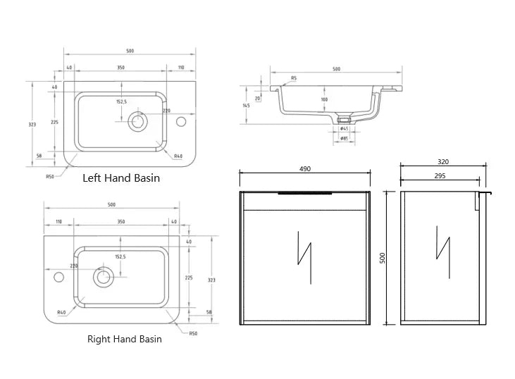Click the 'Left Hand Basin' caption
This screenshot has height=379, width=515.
pos(121,178)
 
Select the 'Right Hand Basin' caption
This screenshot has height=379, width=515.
pos(124,339)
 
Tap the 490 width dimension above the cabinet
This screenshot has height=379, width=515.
pos(305,169)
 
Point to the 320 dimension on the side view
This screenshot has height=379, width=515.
pos(442,162)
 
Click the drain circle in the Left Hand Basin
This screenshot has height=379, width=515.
pos(137,122)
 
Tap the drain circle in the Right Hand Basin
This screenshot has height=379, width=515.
pos(104,277)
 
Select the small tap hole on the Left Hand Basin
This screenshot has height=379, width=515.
pos(181,122)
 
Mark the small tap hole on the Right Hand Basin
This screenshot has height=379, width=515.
pos(57,277)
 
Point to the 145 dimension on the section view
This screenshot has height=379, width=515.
pos(246,106)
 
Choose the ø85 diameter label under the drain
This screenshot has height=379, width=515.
pos(344,139)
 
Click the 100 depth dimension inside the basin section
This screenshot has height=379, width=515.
pos(324,99)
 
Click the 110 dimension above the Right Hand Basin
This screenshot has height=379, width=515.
pos(58,222)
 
